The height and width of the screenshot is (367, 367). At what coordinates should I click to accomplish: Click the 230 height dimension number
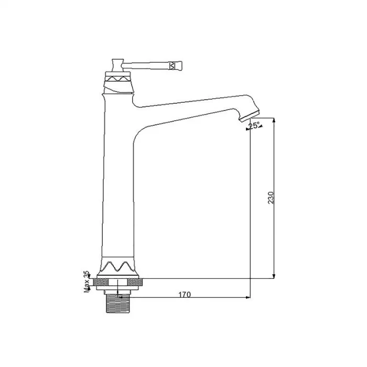271,198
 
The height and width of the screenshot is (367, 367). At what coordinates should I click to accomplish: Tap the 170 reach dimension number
184,295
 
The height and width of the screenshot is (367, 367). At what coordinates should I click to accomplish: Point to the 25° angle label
254,126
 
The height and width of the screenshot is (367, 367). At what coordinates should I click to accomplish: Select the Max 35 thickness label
87,282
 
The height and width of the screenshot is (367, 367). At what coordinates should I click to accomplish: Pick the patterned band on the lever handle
172,65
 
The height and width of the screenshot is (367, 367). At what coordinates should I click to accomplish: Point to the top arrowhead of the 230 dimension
273,120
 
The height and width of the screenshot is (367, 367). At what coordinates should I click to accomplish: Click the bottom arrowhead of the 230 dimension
273,276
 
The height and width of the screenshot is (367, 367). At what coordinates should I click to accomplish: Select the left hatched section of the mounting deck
98,283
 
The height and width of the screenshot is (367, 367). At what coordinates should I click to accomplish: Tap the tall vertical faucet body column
117,183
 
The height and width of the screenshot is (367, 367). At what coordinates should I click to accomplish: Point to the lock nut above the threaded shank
117,290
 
